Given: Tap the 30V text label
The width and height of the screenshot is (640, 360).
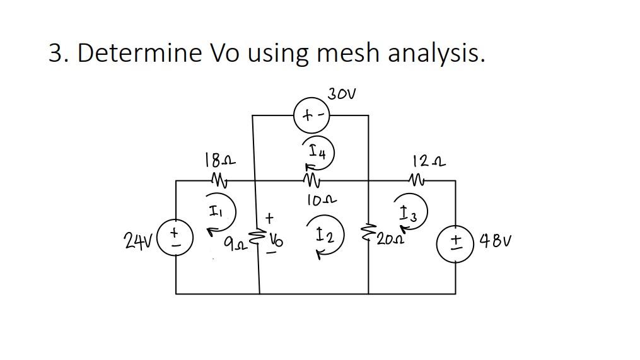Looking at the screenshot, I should [342, 95].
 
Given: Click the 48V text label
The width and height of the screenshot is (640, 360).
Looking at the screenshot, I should [494, 241].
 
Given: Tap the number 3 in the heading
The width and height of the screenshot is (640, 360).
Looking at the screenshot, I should [57, 54].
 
